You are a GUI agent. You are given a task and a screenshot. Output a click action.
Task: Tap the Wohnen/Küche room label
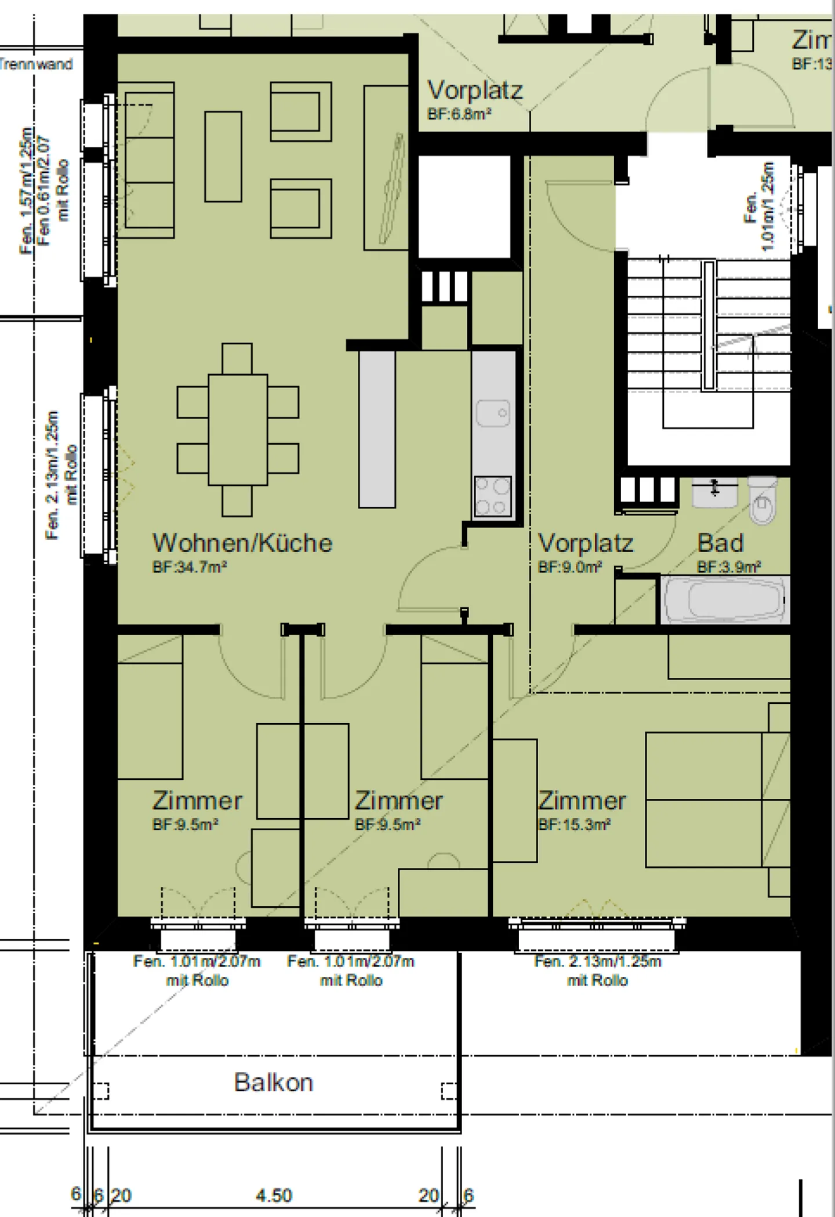pyautogui.click(x=242, y=543)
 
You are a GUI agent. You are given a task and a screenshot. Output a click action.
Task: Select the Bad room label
pyautogui.click(x=720, y=543)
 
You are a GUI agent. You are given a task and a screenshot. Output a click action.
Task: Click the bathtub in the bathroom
pyautogui.click(x=725, y=600)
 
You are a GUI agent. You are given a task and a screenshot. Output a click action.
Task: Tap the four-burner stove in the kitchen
pyautogui.click(x=493, y=496)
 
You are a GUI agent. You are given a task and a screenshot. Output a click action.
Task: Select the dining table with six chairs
pyautogui.click(x=238, y=430)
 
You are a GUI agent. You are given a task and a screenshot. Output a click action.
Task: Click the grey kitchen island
pyautogui.click(x=376, y=430)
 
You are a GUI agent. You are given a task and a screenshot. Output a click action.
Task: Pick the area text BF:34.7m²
pyautogui.click(x=189, y=567)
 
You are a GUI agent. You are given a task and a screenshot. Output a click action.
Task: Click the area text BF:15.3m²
pyautogui.click(x=574, y=824)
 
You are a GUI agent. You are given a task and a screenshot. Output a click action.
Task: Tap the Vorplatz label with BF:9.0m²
pyautogui.click(x=586, y=544)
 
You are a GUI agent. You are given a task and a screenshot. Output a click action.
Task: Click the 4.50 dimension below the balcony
pyautogui.click(x=274, y=1196)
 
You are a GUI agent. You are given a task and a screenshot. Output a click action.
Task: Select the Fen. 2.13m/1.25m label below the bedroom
pyautogui.click(x=597, y=962)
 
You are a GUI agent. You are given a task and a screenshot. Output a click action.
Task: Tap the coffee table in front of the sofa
pyautogui.click(x=223, y=157)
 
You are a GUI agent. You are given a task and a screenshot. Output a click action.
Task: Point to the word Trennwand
pyautogui.click(x=36, y=64)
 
